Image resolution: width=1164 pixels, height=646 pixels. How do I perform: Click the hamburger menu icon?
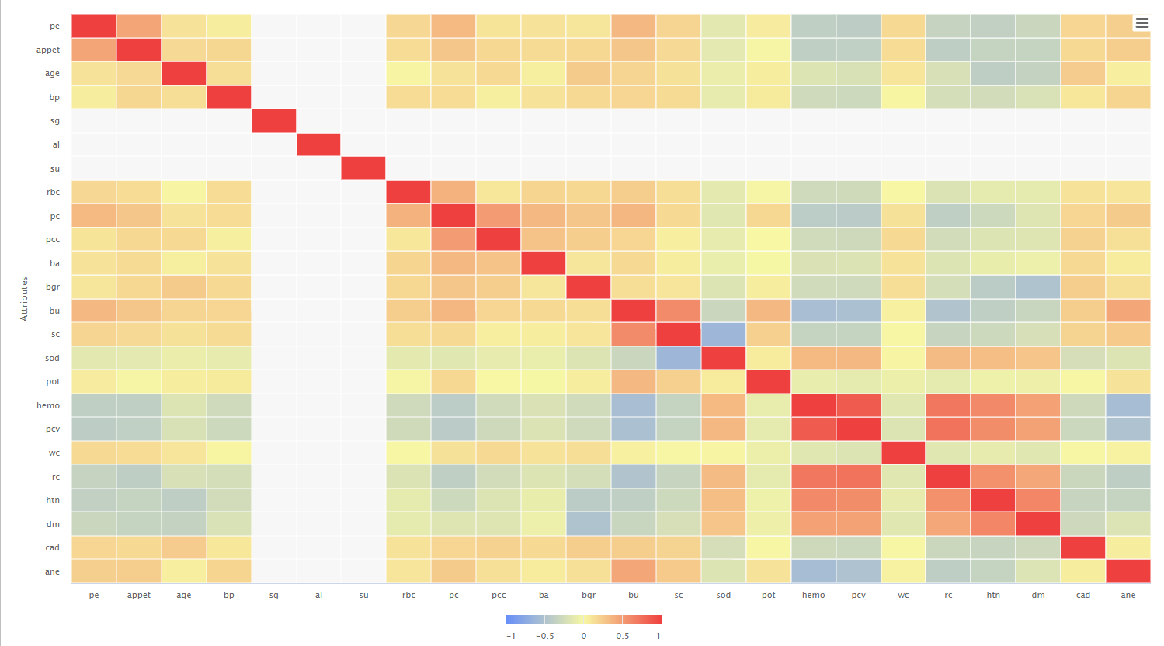[x=1141, y=23]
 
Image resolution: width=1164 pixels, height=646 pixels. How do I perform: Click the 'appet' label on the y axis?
[x=47, y=50]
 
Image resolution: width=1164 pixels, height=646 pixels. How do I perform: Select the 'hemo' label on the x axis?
[x=813, y=595]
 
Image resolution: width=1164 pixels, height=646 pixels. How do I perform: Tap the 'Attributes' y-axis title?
[x=24, y=299]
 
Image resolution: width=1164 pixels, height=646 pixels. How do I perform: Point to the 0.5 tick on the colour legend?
[x=623, y=636]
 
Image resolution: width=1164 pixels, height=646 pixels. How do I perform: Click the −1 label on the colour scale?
[x=511, y=636]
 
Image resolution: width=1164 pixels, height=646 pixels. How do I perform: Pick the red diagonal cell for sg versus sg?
[x=274, y=121]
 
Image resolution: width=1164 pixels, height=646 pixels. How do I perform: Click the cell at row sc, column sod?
[x=723, y=335]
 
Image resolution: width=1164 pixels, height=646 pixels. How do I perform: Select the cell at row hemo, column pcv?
[x=858, y=405]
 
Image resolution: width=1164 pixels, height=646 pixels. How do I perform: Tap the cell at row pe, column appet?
[x=139, y=26]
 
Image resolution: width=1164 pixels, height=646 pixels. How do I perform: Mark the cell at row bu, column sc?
[x=678, y=311]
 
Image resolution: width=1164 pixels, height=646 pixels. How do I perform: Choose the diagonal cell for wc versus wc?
[x=903, y=453]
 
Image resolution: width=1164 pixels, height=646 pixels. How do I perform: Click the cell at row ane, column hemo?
[x=813, y=571]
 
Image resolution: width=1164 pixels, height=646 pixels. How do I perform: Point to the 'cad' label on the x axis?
[x=1082, y=595]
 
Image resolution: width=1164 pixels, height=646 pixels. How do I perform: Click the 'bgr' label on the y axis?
[x=52, y=287]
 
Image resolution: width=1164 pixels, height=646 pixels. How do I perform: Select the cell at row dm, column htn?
[x=993, y=524]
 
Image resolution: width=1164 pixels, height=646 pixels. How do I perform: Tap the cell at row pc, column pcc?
[x=499, y=216]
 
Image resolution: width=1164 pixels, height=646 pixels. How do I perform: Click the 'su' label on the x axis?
[x=363, y=595]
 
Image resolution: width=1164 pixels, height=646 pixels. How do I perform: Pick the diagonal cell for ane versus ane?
[x=1128, y=571]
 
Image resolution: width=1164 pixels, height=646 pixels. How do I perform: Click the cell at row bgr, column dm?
[x=1038, y=287]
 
